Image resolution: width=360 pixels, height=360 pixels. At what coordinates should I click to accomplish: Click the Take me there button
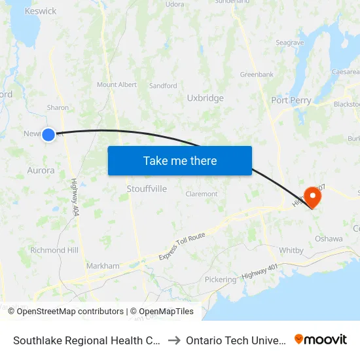tap(179, 160)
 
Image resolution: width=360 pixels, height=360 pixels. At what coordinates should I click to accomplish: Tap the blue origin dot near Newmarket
tap(48, 135)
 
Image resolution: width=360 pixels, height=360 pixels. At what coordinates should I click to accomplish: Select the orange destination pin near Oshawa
tap(313, 196)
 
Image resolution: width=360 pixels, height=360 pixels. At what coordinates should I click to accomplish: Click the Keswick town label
tap(40, 11)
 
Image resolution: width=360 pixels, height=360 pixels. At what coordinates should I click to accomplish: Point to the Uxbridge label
tap(205, 98)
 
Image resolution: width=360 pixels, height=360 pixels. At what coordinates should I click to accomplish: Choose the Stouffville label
tap(147, 189)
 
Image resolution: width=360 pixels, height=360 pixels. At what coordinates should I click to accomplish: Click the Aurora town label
tap(41, 170)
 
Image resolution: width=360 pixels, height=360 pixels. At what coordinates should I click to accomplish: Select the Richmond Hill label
tap(54, 250)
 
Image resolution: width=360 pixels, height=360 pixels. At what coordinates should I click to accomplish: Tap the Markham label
tap(103, 266)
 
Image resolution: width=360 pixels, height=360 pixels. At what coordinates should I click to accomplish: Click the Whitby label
tap(291, 251)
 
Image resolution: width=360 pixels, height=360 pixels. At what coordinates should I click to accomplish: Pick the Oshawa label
tap(329, 239)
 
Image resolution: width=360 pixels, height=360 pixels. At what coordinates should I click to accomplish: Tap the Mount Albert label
tap(117, 85)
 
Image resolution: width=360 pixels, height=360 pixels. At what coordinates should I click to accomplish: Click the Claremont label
tap(202, 194)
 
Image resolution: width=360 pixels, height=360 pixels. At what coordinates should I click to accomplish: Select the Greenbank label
tap(257, 75)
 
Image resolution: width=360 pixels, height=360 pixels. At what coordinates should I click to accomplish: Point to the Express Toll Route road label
tap(181, 245)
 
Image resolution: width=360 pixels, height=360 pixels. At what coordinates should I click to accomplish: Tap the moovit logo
tap(320, 339)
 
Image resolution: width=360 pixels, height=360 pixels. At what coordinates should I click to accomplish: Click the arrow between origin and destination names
tap(174, 340)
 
